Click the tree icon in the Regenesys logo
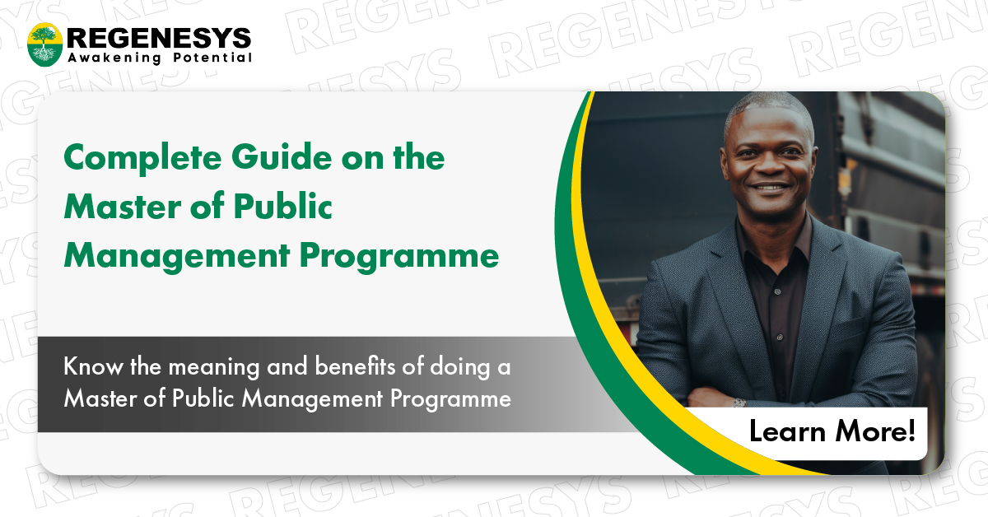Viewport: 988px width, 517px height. (x=44, y=44)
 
